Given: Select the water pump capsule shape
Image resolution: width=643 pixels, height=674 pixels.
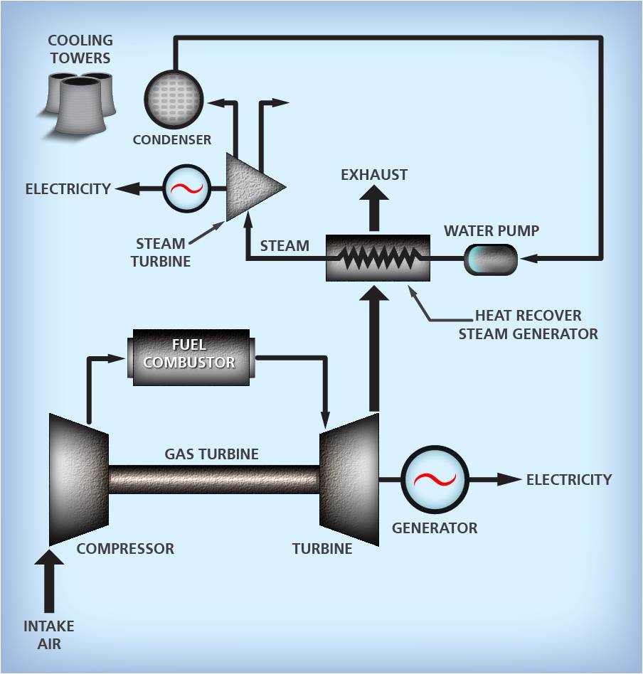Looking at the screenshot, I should tap(491, 260).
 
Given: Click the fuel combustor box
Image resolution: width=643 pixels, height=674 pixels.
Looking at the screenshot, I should tap(188, 357).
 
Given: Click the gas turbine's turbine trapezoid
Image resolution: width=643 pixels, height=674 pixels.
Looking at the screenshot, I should tap(350, 479).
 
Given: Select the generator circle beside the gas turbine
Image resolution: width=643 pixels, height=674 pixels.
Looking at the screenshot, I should tap(435, 480).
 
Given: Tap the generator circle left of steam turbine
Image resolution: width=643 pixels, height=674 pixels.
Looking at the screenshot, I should tap(188, 189).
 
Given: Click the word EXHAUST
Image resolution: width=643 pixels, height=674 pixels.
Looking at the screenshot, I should tap(374, 175).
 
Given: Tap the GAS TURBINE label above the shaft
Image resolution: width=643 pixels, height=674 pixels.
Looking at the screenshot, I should tap(211, 454).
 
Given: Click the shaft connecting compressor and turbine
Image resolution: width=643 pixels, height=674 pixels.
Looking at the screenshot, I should tap(213, 479).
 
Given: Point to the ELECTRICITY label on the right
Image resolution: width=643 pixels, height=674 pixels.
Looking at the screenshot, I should tap(568, 480).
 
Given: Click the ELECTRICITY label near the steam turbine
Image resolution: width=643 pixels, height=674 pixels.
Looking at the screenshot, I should tap(68, 189).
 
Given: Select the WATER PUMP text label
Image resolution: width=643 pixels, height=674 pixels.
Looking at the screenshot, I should tap(491, 231).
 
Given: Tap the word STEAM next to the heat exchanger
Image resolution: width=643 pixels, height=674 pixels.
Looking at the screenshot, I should tap(285, 247).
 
